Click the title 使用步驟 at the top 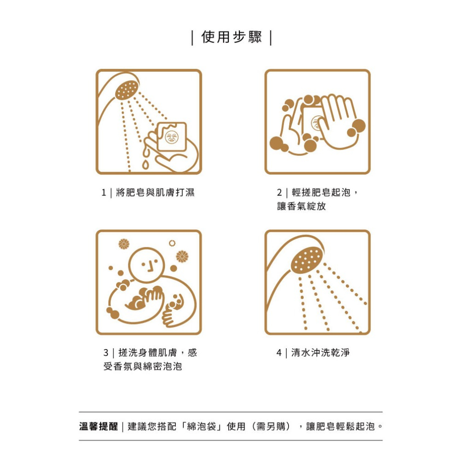point(231,38)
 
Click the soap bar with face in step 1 point(172,137)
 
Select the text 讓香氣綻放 point(301,206)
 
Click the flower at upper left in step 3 point(124,244)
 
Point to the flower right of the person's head point(182,256)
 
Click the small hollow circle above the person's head point(172,243)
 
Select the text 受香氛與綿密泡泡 point(143,367)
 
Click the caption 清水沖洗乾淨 point(320,353)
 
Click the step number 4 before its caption point(279,353)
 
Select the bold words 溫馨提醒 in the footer point(99,426)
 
